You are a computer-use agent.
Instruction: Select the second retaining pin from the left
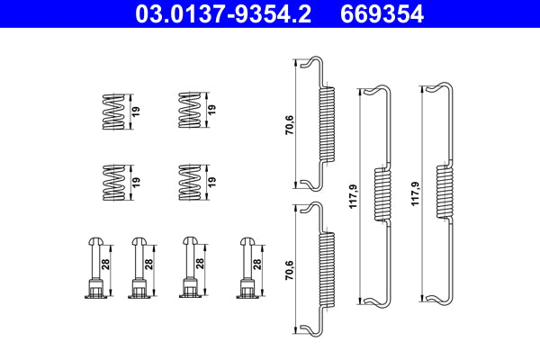coord(139,265)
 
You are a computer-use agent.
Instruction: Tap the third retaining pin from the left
coord(190,265)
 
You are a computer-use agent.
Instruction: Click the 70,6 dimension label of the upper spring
coord(287,123)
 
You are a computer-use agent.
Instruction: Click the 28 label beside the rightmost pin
coord(257,265)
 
